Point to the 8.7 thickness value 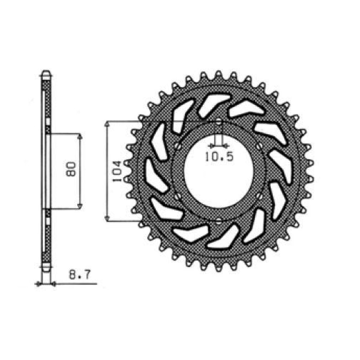tap(79, 275)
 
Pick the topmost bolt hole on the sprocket tap(219, 123)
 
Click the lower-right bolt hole tap(260, 197)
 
